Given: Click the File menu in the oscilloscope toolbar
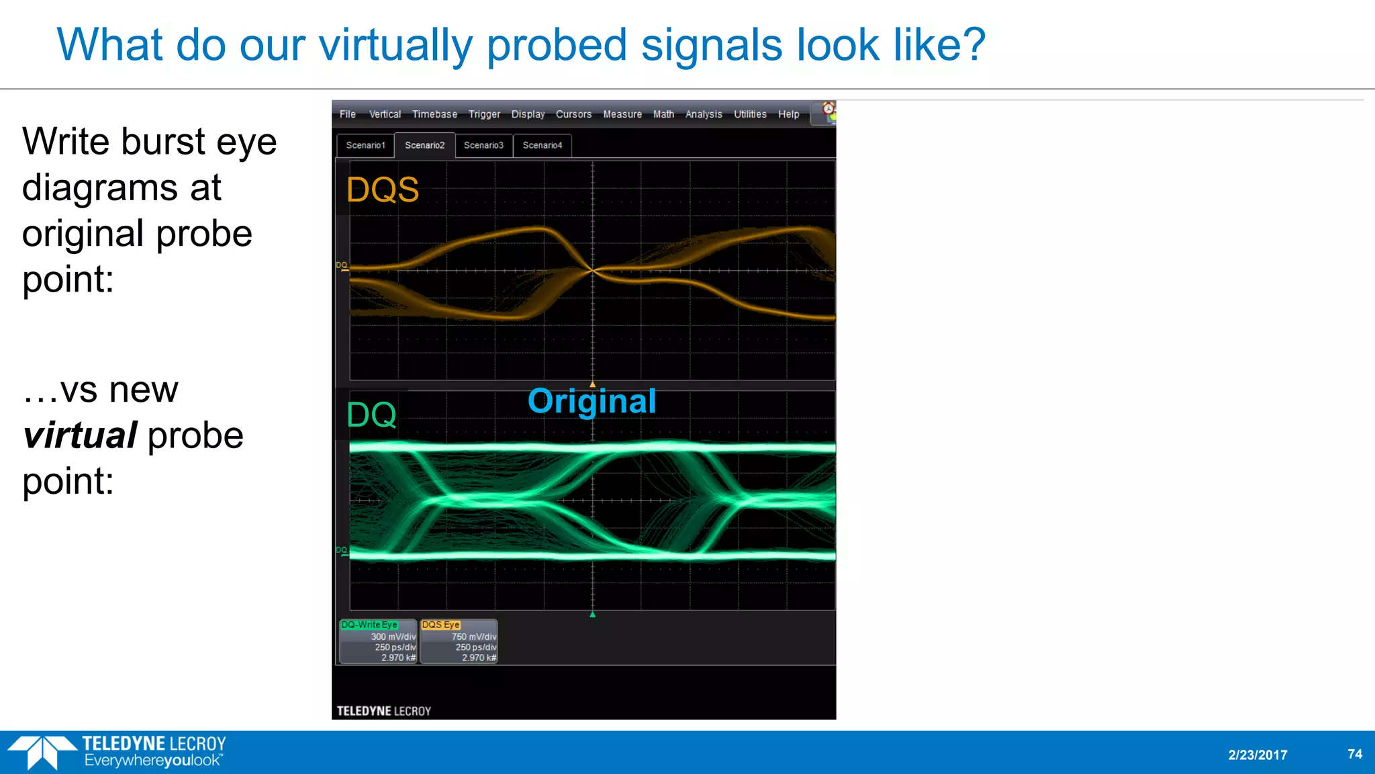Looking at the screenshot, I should [347, 114].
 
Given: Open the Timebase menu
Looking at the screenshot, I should [434, 114].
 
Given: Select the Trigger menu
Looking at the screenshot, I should [484, 114].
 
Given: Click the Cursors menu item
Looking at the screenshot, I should [573, 114].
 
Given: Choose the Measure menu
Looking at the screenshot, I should [622, 114].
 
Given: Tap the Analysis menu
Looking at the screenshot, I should [704, 114].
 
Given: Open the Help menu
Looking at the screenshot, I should [789, 114].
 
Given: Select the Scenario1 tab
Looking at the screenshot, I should [365, 145].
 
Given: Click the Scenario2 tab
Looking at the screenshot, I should [424, 145].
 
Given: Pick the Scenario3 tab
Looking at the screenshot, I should [483, 145].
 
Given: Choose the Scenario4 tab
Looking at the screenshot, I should [542, 145].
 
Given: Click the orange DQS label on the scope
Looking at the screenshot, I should [383, 189].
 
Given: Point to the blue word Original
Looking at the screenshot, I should [591, 401].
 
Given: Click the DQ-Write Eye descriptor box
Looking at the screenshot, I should [378, 641].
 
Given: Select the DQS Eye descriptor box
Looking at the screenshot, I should [459, 641].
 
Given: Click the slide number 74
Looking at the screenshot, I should [1355, 754].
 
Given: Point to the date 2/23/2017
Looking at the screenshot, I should [1258, 755].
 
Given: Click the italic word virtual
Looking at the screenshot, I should [80, 435].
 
